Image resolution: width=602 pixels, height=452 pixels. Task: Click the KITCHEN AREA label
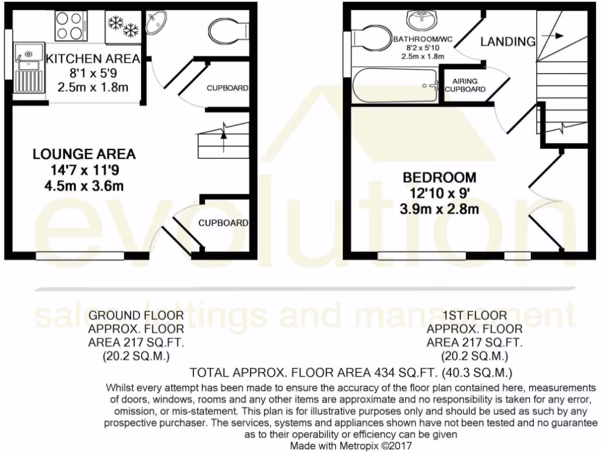click(93, 59)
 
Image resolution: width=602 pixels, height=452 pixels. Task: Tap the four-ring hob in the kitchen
click(71, 26)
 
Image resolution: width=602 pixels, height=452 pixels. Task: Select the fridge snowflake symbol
click(123, 26)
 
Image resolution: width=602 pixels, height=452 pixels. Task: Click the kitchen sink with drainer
click(27, 67)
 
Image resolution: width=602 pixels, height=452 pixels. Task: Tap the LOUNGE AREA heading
click(84, 154)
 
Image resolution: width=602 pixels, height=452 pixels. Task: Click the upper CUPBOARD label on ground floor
click(227, 88)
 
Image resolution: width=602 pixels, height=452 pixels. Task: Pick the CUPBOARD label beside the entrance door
click(223, 223)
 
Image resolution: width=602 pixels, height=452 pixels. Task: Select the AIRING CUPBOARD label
click(465, 85)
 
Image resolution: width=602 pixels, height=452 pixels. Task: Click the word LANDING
click(508, 41)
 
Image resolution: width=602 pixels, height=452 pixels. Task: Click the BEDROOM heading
click(439, 177)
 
